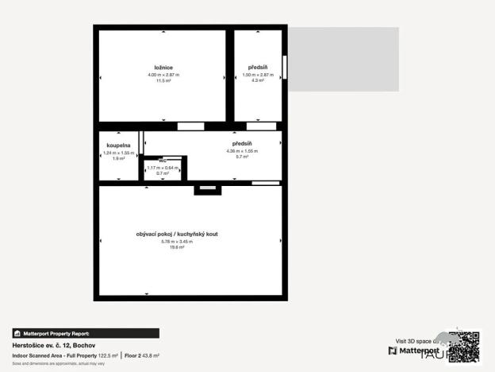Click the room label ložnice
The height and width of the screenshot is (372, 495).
pyautogui.click(x=163, y=67)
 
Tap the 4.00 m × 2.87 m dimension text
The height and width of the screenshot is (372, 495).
pyautogui.click(x=163, y=75)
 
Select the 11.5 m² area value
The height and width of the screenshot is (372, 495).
pyautogui.click(x=163, y=81)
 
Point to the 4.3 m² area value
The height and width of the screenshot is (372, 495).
pyautogui.click(x=257, y=81)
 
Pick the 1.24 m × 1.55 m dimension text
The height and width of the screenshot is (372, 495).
pyautogui.click(x=119, y=153)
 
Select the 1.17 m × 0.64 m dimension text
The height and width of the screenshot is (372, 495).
pyautogui.click(x=163, y=168)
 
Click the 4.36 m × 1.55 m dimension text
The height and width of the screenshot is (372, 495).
pyautogui.click(x=242, y=151)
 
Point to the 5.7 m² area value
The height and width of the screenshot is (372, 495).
pyautogui.click(x=242, y=157)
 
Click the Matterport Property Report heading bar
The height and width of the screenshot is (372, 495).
pyautogui.click(x=85, y=334)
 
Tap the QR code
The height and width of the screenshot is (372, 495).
pyautogui.click(x=465, y=347)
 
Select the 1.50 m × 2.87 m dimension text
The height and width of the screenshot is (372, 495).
pyautogui.click(x=257, y=75)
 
